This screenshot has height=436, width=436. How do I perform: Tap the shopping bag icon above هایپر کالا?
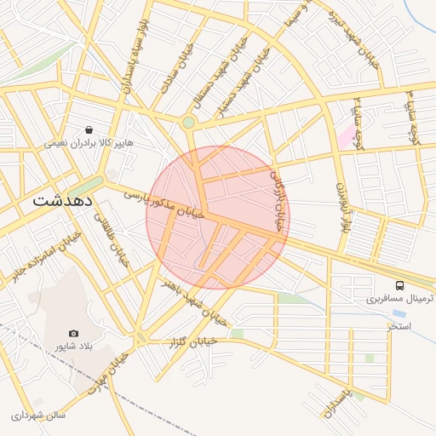point(89,130)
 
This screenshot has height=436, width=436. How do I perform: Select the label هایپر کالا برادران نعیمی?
point(90,144)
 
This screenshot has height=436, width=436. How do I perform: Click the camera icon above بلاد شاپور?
point(73,333)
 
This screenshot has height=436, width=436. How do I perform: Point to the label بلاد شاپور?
point(72,346)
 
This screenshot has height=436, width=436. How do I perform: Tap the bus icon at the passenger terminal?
point(400,285)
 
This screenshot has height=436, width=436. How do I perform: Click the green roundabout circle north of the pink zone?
point(188,123)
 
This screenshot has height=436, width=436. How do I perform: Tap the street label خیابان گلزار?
point(192,341)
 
